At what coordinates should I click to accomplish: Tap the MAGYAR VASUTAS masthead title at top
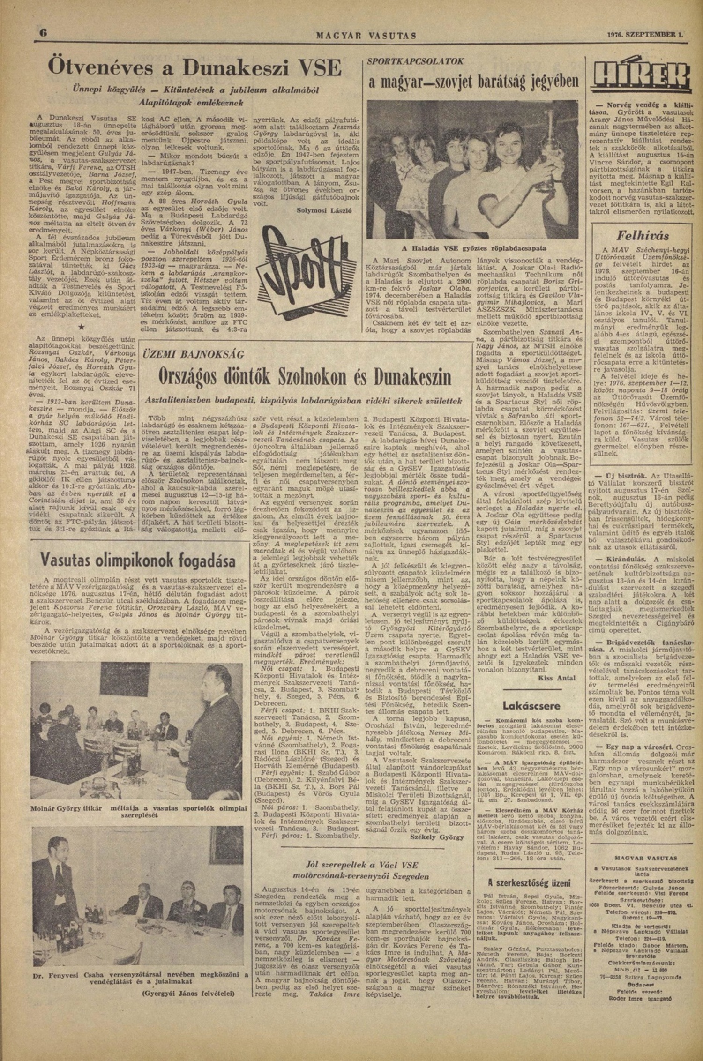pos(366,35)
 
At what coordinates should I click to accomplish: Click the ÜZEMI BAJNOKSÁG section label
pos(187,354)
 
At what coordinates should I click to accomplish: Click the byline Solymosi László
pos(325,211)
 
